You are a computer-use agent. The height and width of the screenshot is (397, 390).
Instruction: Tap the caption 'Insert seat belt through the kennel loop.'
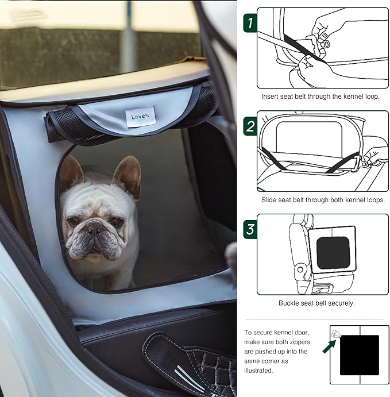(x=321, y=97)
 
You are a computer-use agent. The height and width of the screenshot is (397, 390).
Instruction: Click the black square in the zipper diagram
(x=359, y=355)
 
